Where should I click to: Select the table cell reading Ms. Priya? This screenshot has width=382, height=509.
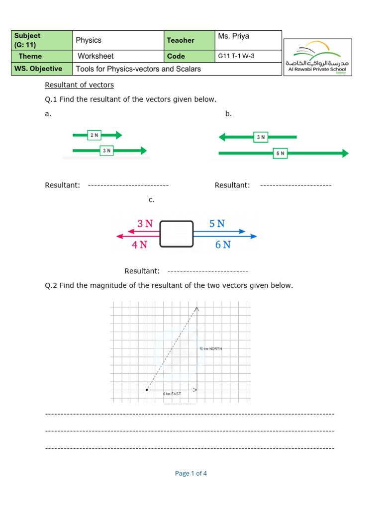click(x=233, y=37)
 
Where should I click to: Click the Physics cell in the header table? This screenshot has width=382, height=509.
click(x=89, y=40)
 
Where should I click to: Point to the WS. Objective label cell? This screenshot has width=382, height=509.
click(x=38, y=69)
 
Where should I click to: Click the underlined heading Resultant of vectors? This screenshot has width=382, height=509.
click(x=80, y=85)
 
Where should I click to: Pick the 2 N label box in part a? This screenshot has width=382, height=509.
click(x=94, y=135)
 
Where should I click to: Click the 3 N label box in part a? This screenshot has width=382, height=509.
click(x=106, y=151)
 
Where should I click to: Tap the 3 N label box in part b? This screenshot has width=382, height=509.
click(x=261, y=137)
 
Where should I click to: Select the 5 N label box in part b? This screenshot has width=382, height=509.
click(x=280, y=154)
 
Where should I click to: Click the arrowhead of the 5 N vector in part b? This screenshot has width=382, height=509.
click(x=345, y=154)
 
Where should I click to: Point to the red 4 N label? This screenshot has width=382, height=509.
click(x=139, y=245)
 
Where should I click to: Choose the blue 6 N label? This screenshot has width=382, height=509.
click(x=223, y=245)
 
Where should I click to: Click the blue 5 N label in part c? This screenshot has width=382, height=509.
click(x=217, y=224)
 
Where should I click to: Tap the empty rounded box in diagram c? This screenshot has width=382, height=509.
click(x=176, y=234)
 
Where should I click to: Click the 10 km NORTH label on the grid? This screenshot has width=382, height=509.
click(x=210, y=349)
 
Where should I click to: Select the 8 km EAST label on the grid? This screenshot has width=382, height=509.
click(x=172, y=394)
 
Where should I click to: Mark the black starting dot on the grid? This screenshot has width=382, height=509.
click(x=146, y=390)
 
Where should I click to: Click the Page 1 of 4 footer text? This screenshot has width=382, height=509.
click(x=191, y=473)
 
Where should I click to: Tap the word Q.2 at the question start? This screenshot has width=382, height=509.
click(x=51, y=285)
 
